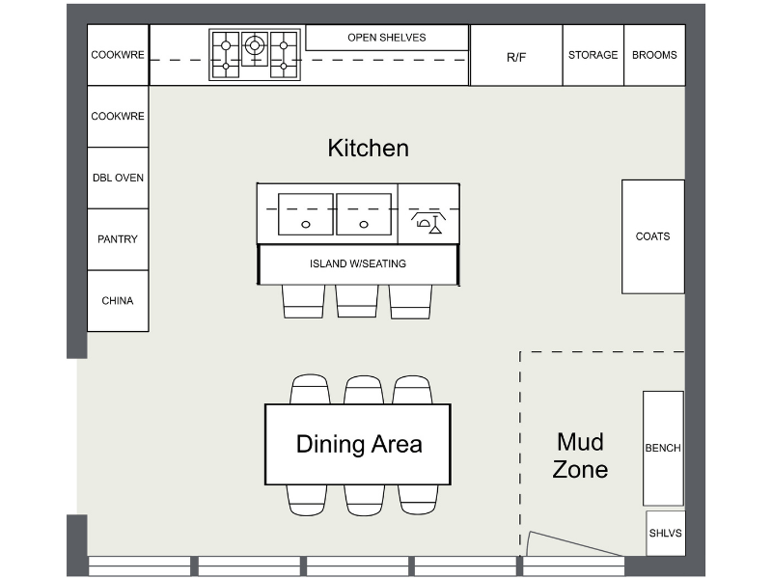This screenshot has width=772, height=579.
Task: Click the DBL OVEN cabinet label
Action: (x=118, y=178)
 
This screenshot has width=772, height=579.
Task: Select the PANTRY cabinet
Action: (x=118, y=239)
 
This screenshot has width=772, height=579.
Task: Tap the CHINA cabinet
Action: (x=118, y=301)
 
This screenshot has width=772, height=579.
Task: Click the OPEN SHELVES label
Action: (x=387, y=38)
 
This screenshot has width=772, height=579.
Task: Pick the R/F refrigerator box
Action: (x=516, y=56)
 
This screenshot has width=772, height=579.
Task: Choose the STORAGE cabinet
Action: (x=593, y=55)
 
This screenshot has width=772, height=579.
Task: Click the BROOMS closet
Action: (x=654, y=55)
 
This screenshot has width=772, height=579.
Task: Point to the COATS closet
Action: (x=653, y=236)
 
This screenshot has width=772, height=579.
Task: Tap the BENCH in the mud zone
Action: (x=663, y=448)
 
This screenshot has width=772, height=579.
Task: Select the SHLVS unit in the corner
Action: (x=665, y=533)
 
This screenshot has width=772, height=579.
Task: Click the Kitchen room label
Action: (x=369, y=148)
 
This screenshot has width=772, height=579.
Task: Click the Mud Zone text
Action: (x=580, y=455)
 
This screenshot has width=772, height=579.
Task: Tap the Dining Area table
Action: (x=358, y=444)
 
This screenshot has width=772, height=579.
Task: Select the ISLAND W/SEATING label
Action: (x=358, y=263)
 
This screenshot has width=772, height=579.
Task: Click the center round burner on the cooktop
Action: (x=255, y=44)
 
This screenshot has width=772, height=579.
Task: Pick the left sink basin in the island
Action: (x=306, y=214)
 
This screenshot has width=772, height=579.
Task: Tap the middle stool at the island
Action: (x=357, y=300)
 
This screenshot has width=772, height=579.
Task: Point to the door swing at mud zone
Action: (x=573, y=545)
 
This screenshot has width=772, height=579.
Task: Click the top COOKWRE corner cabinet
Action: (x=118, y=55)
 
